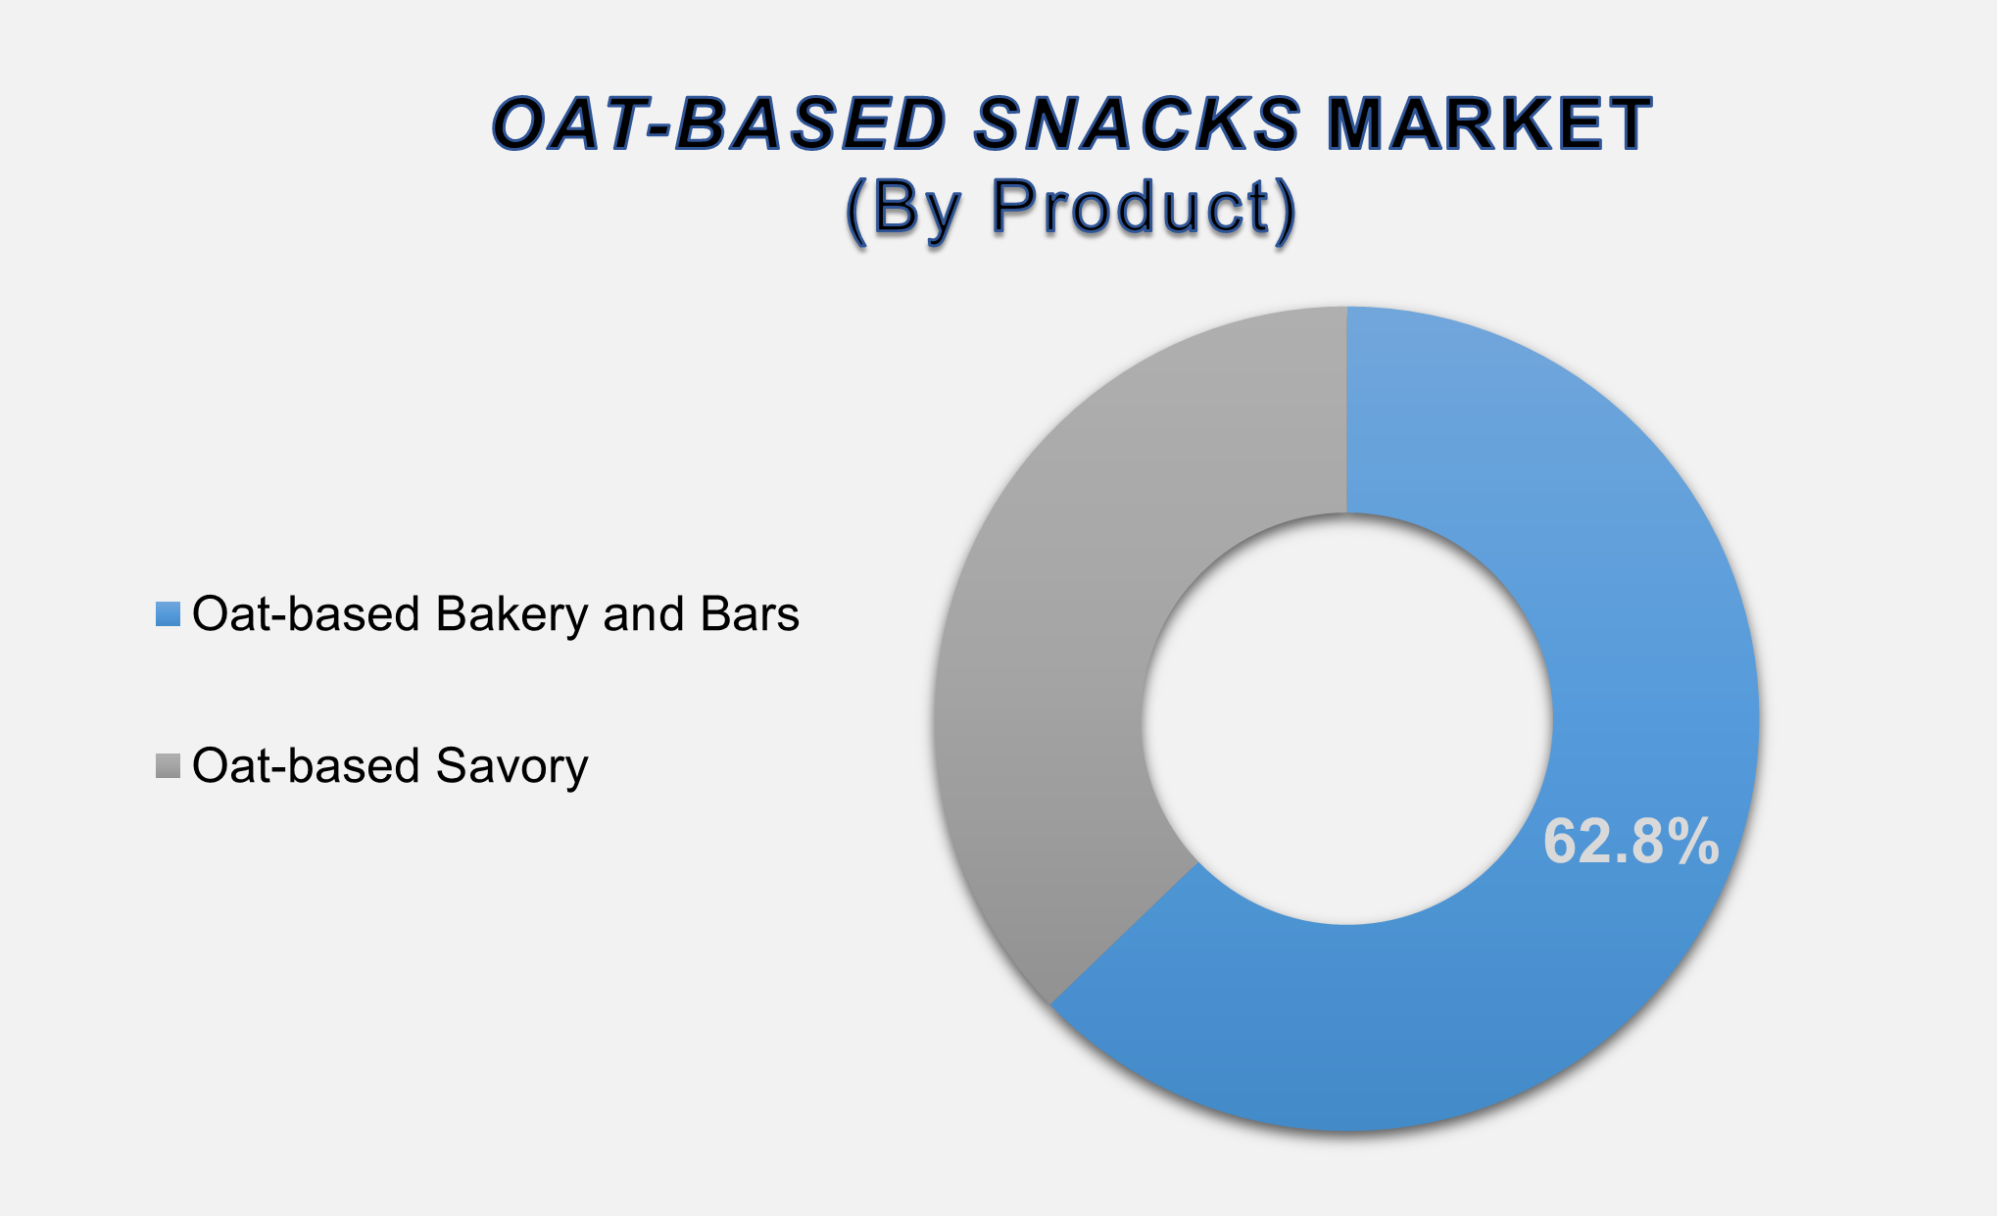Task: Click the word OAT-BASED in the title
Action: pos(718,124)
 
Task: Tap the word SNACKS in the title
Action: pos(1137,124)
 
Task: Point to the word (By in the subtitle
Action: pos(903,209)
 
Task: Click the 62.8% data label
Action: pos(1630,842)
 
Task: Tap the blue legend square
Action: pos(168,614)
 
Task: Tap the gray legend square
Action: pos(168,766)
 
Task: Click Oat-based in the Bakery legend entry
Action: pos(306,614)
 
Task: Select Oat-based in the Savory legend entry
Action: pos(306,766)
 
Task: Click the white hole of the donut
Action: pos(1346,718)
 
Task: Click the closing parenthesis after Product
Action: pos(1285,209)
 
